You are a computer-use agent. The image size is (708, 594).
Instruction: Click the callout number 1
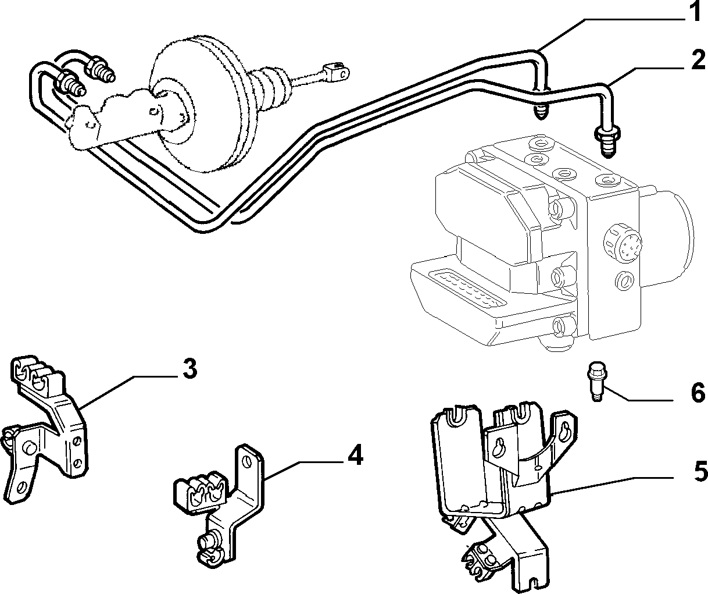point(695,11)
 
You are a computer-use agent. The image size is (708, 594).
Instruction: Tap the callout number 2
point(698,60)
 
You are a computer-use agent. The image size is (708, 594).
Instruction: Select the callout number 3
point(190,369)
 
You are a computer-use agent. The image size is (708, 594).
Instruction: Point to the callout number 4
point(355,455)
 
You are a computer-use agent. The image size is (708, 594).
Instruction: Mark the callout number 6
point(698,393)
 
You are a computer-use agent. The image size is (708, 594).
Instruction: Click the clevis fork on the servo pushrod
point(337,72)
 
